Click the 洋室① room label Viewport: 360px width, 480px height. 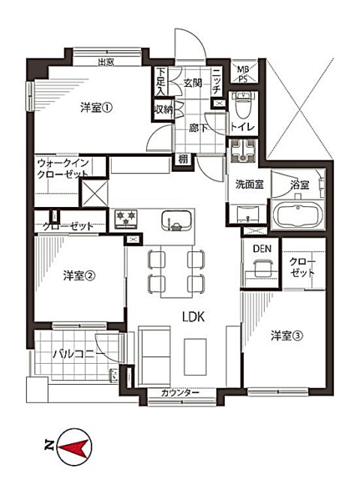click(x=97, y=107)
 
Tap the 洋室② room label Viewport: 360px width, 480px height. click(x=78, y=274)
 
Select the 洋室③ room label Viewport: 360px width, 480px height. click(x=286, y=335)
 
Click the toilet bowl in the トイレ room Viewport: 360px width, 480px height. click(x=242, y=101)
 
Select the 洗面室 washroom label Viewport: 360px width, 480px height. click(x=249, y=183)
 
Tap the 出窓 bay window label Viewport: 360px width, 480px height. click(x=105, y=62)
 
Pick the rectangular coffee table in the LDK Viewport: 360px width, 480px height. click(x=196, y=355)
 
